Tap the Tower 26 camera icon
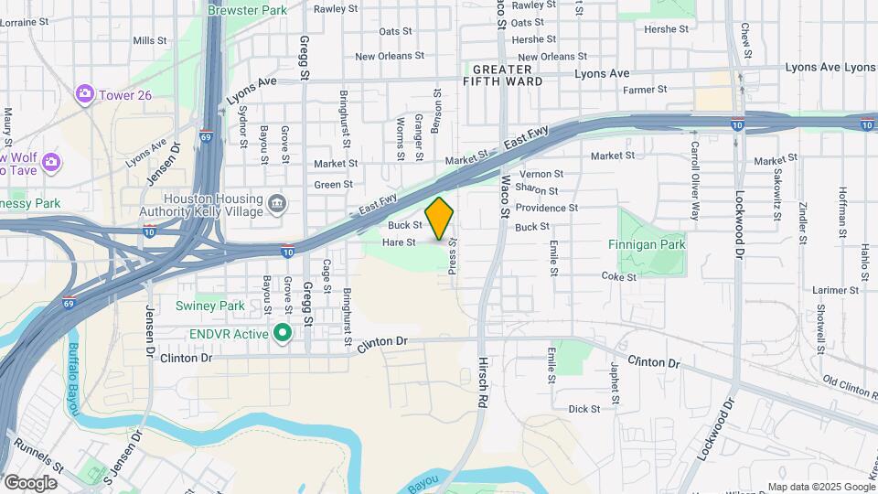[85, 93]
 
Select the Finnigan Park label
[647, 245]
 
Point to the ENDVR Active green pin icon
[284, 333]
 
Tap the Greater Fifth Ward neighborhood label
[501, 76]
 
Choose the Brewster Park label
[247, 10]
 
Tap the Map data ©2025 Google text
[820, 487]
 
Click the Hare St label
[399, 242]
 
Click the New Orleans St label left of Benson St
[390, 56]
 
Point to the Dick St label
[584, 409]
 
